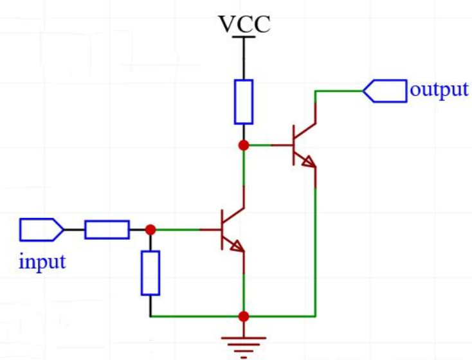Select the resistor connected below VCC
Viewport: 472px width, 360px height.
[244, 101]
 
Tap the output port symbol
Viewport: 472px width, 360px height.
[385, 91]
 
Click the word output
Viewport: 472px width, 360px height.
[439, 89]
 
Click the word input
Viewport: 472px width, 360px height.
[42, 262]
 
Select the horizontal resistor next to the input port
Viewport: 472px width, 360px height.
[107, 230]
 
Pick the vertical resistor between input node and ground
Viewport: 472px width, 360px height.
[150, 273]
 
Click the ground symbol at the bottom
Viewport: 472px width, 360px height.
[244, 344]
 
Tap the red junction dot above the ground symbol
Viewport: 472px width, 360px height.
[244, 316]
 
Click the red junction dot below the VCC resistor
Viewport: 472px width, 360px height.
[244, 145]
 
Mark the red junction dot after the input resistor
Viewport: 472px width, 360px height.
[150, 230]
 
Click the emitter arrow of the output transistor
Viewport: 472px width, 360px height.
[310, 162]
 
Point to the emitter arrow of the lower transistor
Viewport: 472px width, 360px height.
[238, 247]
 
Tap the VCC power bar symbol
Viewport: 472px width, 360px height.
[244, 37]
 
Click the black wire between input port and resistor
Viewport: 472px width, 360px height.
[74, 230]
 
